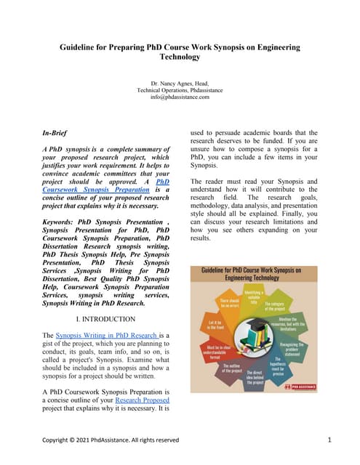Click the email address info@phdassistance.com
180,97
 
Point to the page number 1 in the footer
329,440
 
